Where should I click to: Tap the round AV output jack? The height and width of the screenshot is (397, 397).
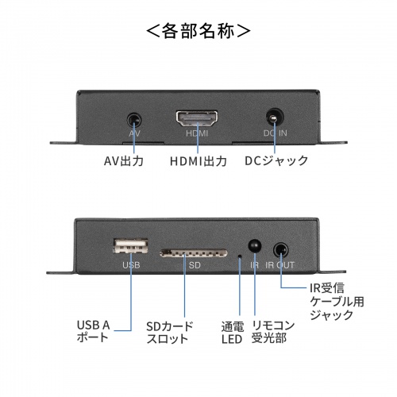pos(135,121)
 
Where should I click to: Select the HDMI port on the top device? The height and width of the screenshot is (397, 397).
pos(197,121)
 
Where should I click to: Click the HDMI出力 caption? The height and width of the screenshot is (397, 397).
pos(198,162)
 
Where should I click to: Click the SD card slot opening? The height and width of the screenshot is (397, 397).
pos(188,253)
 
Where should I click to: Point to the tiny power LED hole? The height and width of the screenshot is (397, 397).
pos(240,256)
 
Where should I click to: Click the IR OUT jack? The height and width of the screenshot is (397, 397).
pos(279,249)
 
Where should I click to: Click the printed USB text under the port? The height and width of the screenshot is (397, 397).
pos(130,266)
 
